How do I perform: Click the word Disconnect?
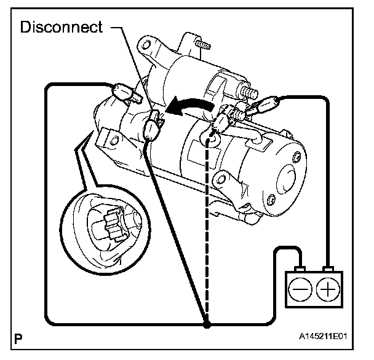click(62, 28)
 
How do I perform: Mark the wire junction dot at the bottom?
click(207, 323)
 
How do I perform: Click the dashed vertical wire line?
click(209, 233)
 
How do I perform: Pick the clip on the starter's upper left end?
click(124, 92)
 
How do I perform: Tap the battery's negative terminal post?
click(299, 268)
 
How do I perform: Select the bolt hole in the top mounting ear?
click(148, 45)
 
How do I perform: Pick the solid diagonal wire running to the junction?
click(178, 233)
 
